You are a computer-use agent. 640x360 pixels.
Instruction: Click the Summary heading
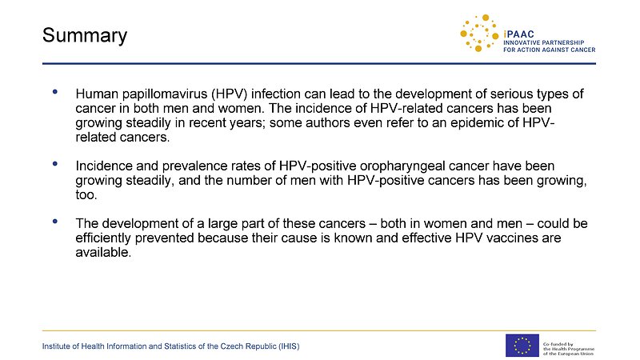85,36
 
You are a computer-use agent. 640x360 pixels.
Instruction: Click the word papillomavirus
165,94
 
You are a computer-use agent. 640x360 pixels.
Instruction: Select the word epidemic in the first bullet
477,123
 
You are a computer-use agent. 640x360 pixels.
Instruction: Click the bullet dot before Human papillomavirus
54,92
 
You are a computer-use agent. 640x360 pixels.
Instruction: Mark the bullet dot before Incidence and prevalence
54,164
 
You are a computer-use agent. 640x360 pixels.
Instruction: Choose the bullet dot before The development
54,222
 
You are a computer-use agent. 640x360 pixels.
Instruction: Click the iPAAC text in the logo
518,34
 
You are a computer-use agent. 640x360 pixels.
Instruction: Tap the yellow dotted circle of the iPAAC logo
479,34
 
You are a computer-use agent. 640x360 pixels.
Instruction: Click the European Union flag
522,346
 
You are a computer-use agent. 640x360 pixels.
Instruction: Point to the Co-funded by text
558,344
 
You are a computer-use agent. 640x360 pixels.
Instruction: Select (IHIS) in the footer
289,346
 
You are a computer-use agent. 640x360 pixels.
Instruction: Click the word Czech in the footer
230,346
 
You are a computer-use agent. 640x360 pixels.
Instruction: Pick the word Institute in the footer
56,346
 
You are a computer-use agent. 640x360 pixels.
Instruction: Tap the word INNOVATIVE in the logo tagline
522,43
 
